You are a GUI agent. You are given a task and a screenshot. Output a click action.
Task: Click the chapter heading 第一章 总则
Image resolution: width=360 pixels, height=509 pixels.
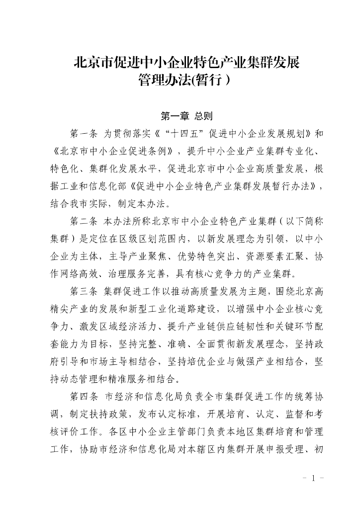(186, 116)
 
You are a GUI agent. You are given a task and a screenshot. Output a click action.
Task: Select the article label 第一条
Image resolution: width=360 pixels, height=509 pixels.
(84, 134)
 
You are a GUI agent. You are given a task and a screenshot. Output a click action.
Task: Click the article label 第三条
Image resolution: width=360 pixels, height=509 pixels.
(84, 291)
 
